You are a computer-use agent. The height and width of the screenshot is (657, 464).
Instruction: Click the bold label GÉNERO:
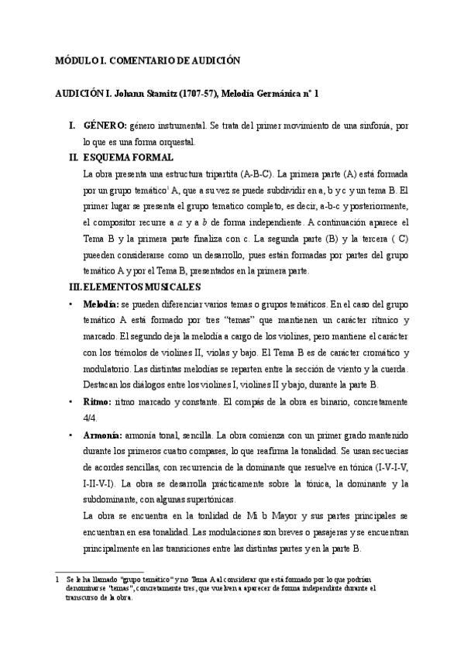tap(105, 126)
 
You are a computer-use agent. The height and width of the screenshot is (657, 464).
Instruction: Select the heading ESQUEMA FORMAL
tap(124, 157)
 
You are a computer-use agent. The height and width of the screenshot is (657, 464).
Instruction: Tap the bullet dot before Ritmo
tap(70, 403)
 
